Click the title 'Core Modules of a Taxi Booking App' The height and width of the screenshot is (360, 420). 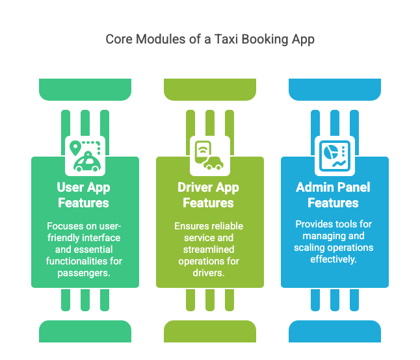(210, 40)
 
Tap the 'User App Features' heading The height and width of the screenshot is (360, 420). (84, 195)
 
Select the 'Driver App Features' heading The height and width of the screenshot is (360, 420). (209, 195)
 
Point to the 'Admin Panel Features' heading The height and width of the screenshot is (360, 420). (334, 195)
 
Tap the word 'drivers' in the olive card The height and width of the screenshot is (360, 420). (209, 273)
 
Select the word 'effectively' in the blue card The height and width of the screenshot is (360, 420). (333, 259)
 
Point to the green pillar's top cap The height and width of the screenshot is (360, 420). (85, 89)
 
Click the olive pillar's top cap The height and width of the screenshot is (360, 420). (209, 89)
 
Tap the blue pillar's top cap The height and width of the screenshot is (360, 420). (334, 89)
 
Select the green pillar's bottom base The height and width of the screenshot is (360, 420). (85, 331)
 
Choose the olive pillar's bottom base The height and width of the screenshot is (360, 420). (209, 331)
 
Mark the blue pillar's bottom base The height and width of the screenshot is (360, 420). (334, 331)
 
